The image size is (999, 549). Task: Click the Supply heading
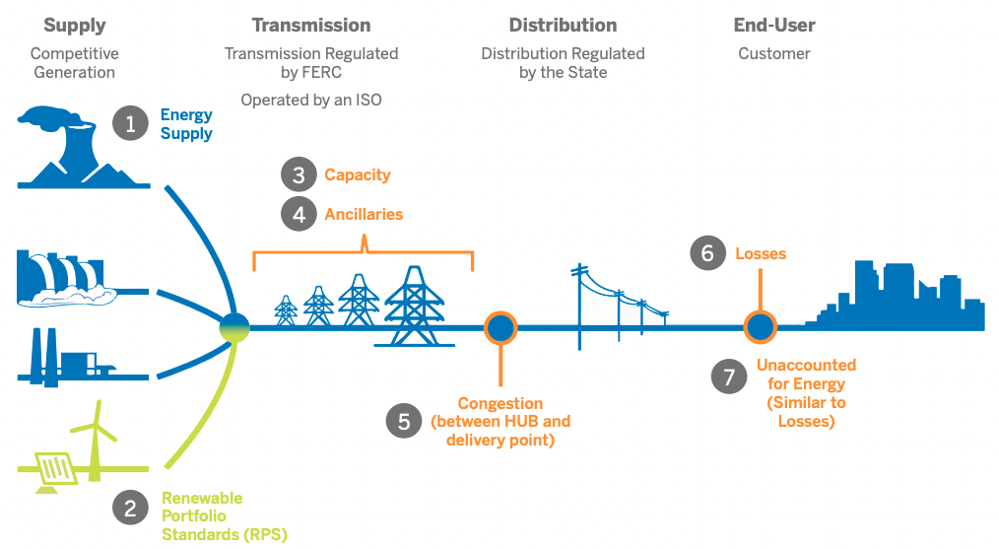tap(73, 26)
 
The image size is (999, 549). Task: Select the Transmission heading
tap(311, 26)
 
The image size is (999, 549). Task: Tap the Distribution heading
tap(563, 26)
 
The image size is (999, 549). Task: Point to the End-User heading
tap(774, 26)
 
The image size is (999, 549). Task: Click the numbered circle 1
tap(130, 124)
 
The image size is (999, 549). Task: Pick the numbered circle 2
tap(130, 509)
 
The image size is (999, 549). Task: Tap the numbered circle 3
tap(298, 175)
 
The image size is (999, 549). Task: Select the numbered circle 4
tap(298, 214)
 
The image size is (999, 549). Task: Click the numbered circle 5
tap(404, 421)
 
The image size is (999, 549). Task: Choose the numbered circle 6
tap(707, 253)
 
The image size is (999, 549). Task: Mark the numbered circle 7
tap(729, 376)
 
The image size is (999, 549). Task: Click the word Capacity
tap(358, 175)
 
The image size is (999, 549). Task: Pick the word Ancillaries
tap(364, 214)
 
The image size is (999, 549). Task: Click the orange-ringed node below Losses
tap(760, 326)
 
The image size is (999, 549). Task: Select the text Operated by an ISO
tap(311, 100)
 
